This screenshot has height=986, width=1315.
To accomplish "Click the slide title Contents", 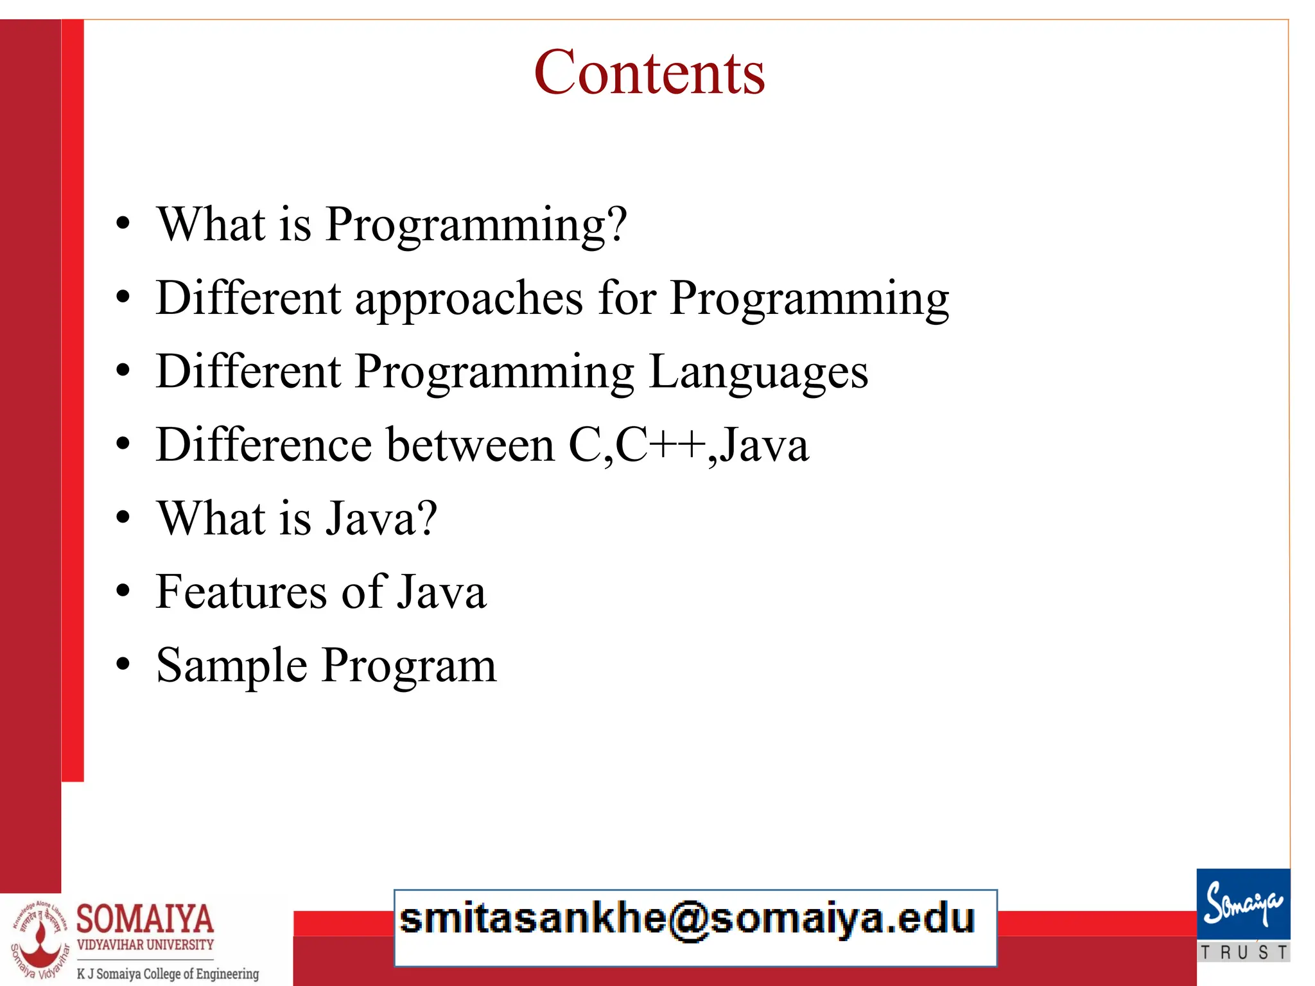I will tap(649, 73).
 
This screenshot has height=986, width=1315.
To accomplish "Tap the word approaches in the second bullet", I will tap(469, 299).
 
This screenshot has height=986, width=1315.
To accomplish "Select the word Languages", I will tap(758, 373).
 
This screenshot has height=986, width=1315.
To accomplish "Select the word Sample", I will tap(232, 666).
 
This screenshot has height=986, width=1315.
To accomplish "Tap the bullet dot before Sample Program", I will tap(123, 665).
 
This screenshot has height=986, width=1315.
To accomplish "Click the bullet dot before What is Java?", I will tap(123, 517).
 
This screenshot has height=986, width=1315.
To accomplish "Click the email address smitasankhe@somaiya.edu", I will tap(687, 919).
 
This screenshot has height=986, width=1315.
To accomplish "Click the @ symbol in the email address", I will tap(688, 920).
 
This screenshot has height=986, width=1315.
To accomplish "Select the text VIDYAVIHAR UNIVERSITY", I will tap(145, 945).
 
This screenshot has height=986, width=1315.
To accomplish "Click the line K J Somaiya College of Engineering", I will tap(168, 973).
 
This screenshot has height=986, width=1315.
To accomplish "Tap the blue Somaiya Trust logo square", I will tap(1243, 904).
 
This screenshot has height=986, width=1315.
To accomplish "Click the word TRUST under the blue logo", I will tap(1243, 953).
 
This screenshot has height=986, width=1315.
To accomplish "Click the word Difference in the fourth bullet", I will tap(264, 445).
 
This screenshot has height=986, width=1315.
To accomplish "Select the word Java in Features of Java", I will tap(442, 592).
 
